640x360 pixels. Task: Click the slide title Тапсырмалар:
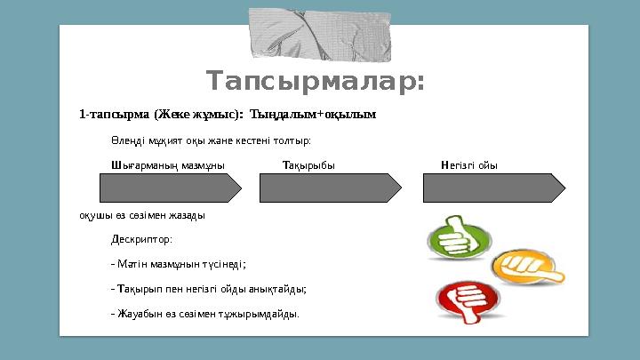316,82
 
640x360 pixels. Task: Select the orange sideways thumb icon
516,264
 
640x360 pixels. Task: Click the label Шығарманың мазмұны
167,165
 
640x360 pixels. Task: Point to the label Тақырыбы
308,165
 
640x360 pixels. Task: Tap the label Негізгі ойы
468,165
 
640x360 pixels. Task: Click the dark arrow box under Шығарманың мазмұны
170,188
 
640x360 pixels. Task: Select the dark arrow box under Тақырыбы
330,188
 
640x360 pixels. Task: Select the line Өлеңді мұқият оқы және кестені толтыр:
211,140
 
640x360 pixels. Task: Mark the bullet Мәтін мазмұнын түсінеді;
179,264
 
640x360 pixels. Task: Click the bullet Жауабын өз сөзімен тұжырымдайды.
204,314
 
